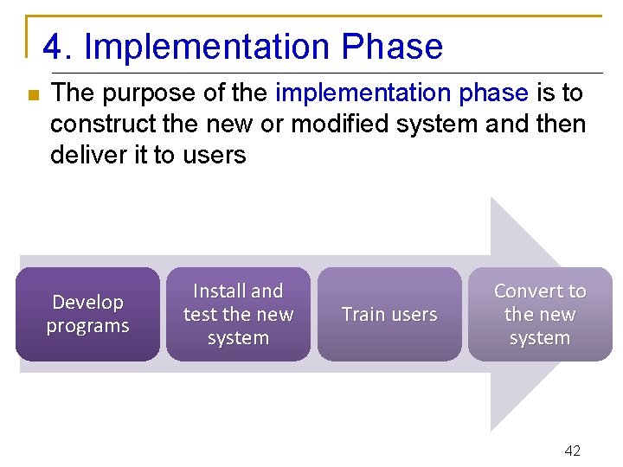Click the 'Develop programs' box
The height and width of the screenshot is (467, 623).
87,314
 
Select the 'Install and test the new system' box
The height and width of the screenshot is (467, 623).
238,314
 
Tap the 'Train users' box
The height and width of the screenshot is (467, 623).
389,314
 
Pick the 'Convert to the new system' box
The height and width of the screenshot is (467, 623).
540,314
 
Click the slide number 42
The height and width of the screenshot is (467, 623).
572,451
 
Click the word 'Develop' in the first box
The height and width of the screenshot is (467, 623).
87,303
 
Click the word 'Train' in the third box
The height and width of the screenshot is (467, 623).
363,314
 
